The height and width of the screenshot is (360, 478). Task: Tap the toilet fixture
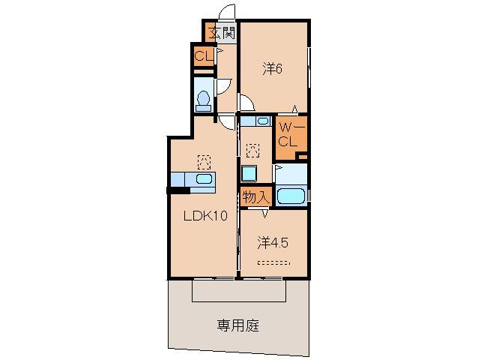pos(202,99)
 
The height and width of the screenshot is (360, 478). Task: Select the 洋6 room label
pos(272,68)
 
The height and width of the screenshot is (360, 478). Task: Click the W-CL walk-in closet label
pos(288,134)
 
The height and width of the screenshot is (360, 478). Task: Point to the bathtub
pos(291,197)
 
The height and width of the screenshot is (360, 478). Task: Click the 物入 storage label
pos(255,198)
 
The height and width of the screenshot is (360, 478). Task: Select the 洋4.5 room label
pos(273,242)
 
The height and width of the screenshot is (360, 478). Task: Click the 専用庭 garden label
pos(238,325)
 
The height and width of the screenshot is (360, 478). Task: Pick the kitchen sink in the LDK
pos(203,179)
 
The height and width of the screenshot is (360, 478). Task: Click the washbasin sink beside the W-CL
pos(263,121)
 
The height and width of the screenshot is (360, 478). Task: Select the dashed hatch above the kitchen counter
pos(203,160)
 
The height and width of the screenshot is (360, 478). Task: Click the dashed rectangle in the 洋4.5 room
pos(273,262)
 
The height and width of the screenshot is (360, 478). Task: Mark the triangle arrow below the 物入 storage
pos(263,213)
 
